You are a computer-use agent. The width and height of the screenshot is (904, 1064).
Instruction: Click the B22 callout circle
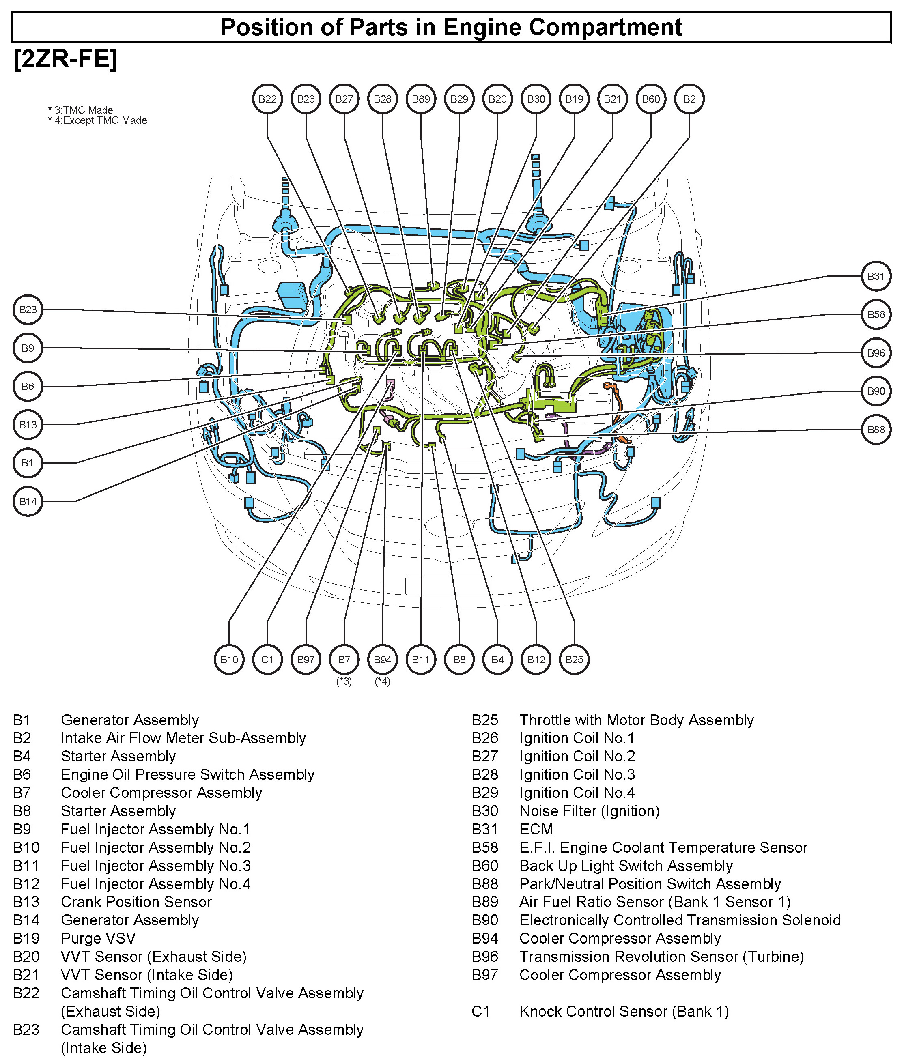click(x=267, y=99)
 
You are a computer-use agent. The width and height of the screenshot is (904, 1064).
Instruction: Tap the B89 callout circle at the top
click(x=421, y=99)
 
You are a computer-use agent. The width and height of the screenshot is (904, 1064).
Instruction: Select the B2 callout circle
click(x=689, y=99)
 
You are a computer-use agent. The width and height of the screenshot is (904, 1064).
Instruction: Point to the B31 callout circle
click(x=876, y=277)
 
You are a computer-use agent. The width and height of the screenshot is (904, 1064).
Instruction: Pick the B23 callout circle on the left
click(x=28, y=310)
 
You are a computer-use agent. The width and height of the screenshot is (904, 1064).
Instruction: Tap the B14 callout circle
click(x=28, y=501)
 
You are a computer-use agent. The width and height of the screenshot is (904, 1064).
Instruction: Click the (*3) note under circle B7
click(x=344, y=682)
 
